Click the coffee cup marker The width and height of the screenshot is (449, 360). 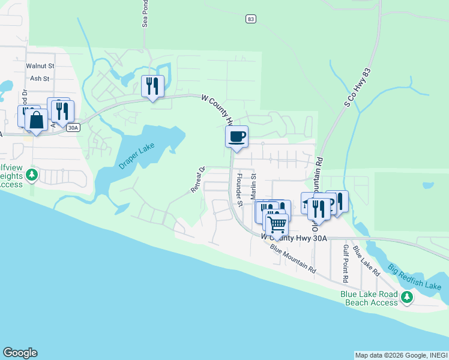(237, 136)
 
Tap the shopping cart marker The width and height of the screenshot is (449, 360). (277, 224)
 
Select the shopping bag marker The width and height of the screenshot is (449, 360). (36, 119)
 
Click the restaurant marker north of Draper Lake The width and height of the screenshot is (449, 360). (152, 86)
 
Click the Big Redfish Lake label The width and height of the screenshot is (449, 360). (414, 277)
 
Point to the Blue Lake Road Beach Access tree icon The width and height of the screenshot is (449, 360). (408, 296)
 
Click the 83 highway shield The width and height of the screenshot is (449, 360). (251, 20)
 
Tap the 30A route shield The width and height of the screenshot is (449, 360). (73, 127)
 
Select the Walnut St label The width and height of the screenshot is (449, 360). (40, 66)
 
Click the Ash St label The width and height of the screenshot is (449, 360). (40, 79)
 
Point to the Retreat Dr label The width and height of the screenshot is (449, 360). (198, 179)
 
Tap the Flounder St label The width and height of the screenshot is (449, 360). (238, 190)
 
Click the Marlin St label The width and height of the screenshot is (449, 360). (253, 186)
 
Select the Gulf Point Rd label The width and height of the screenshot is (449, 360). (346, 263)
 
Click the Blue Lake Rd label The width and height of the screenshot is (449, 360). (366, 260)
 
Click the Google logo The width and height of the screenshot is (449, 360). (20, 353)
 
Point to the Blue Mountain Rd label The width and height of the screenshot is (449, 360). (293, 259)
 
